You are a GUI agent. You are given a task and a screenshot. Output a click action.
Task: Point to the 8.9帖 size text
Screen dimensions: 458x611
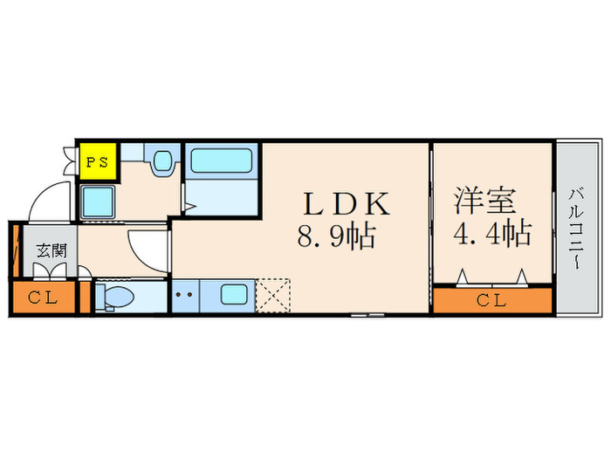point(337,235)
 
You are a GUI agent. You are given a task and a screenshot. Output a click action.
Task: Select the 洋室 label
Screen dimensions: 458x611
point(484,200)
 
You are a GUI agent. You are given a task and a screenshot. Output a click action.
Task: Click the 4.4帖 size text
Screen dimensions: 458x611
point(493,233)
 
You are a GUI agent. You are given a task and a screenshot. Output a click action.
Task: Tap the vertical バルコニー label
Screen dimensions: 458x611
point(577,229)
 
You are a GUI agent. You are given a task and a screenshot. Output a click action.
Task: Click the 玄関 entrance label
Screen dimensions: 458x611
point(50,251)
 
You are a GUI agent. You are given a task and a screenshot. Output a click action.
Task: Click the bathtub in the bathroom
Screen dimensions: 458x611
point(221,161)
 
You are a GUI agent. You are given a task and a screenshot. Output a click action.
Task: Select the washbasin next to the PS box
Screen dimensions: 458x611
point(161,162)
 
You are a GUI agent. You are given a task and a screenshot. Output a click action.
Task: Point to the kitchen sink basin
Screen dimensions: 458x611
point(234,294)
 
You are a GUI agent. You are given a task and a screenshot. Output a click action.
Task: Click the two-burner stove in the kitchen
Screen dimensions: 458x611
point(184,295)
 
